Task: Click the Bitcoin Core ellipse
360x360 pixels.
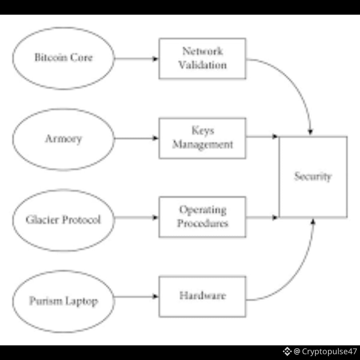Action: (63, 58)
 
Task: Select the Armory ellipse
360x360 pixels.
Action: (63, 139)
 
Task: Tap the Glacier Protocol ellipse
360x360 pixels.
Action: (63, 220)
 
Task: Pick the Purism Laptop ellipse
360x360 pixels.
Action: (63, 301)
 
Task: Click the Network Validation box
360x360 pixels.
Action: (202, 58)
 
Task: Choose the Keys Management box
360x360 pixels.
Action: (202, 138)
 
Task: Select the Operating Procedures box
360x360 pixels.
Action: (202, 217)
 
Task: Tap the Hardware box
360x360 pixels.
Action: (202, 296)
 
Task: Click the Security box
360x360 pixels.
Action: (313, 177)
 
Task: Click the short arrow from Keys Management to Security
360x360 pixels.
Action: (262, 136)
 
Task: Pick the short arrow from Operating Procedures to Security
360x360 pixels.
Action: (262, 218)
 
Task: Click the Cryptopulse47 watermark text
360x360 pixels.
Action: (329, 351)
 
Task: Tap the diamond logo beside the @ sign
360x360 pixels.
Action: (287, 351)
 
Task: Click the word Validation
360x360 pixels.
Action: (202, 65)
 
